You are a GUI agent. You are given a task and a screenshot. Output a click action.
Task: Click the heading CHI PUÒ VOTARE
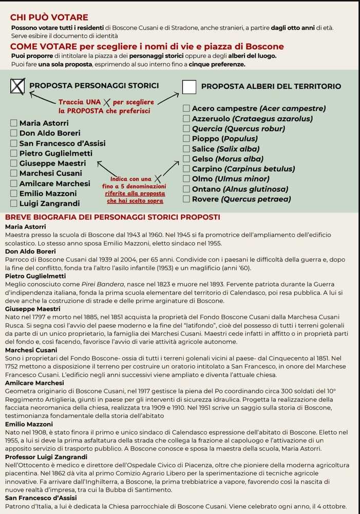pos(49,17)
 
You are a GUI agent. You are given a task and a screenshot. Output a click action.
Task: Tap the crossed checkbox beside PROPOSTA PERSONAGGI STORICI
pos(17,86)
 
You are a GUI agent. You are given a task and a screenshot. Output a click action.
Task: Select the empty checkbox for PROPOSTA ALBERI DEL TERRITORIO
pos(190,86)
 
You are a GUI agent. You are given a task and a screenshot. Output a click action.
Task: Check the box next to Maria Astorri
pos(14,123)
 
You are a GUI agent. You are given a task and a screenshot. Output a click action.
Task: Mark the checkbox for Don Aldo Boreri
pos(14,133)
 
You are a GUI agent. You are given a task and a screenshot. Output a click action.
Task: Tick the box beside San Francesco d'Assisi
pos(14,143)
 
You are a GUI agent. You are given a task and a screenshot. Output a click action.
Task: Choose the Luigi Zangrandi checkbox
pos(14,204)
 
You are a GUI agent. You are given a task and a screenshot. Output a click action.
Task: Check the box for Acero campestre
pos(186,108)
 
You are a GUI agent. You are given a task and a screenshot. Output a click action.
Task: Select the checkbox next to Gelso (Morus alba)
pos(186,159)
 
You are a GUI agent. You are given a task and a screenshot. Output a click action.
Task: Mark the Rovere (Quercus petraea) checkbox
pos(186,199)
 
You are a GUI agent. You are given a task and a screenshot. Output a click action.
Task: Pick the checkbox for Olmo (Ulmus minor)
pos(186,179)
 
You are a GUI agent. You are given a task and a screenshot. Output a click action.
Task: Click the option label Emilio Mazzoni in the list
pos(48,193)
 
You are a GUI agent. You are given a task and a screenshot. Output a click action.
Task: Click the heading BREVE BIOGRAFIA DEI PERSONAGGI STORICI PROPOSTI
pos(112,217)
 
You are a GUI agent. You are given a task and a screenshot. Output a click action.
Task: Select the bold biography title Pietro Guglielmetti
pos(35,276)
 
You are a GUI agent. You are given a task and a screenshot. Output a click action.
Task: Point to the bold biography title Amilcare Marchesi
pos(34,383)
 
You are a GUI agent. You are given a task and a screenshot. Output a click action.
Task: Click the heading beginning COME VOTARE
pos(147,47)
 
